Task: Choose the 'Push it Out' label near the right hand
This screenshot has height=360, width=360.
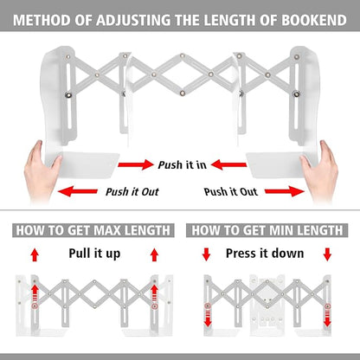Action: [230, 191]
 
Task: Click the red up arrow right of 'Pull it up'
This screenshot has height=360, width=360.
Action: [156, 254]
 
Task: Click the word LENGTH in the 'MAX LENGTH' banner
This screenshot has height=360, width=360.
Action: [143, 230]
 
